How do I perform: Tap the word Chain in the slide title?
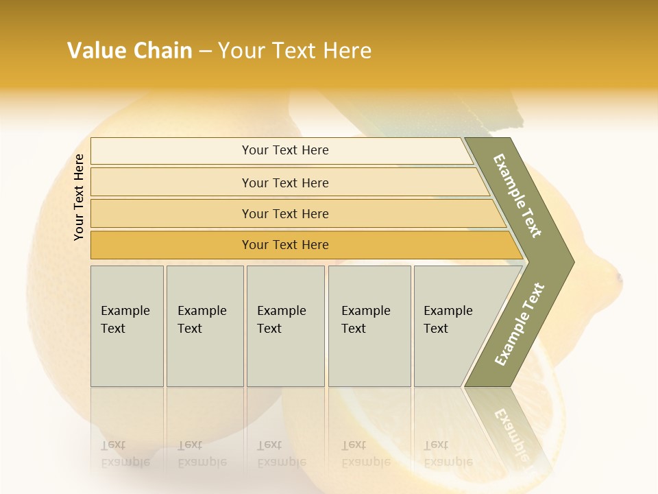click(x=162, y=51)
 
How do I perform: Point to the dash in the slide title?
click(x=205, y=51)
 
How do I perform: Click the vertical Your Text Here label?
click(x=79, y=197)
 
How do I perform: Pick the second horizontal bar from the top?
click(x=285, y=183)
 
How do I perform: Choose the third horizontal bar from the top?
click(x=285, y=213)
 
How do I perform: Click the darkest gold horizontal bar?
click(x=285, y=245)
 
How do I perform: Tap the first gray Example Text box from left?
click(x=127, y=326)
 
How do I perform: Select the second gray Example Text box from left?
click(x=204, y=326)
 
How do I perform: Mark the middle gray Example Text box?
click(x=285, y=326)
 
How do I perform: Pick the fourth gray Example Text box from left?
click(x=369, y=326)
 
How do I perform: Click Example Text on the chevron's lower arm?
click(x=520, y=324)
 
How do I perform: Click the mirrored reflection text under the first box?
click(x=125, y=453)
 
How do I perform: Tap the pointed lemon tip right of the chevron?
click(x=618, y=279)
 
